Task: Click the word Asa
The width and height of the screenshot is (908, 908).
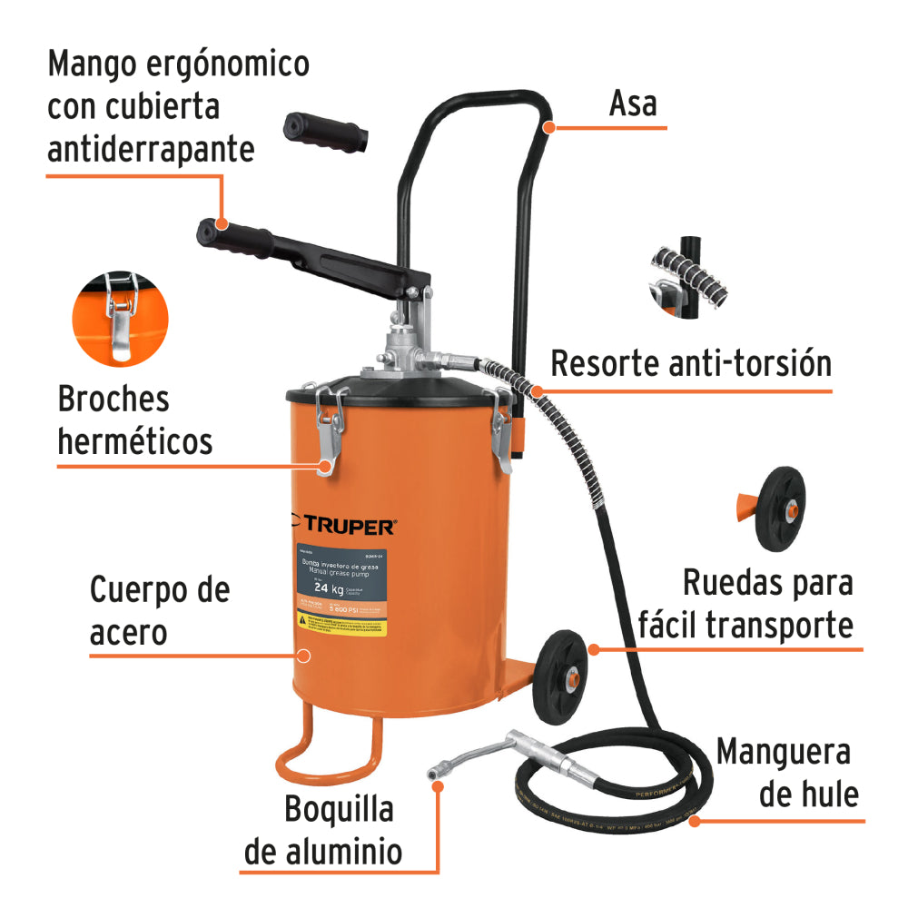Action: tap(632, 103)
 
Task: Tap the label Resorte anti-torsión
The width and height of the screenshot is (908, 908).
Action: tap(691, 363)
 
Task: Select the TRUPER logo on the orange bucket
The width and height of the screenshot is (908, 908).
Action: tap(342, 526)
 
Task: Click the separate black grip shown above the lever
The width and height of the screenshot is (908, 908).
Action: tap(326, 131)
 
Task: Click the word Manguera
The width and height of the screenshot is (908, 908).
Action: tap(783, 753)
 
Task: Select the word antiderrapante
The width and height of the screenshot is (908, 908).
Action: tap(151, 148)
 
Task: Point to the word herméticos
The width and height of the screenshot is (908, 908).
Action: tap(134, 441)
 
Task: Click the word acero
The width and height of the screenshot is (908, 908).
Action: tap(128, 632)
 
